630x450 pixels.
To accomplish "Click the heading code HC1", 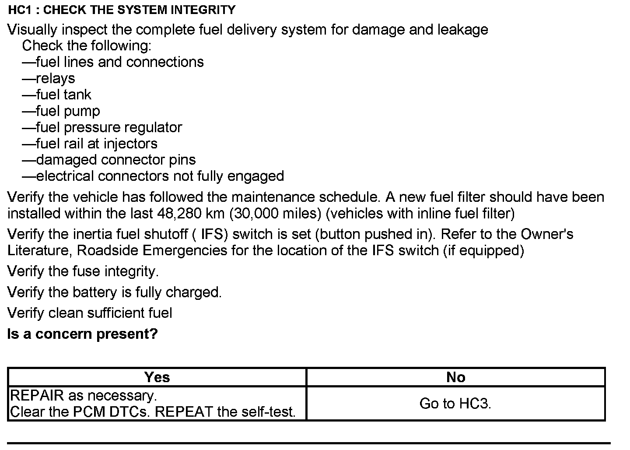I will click(x=20, y=10).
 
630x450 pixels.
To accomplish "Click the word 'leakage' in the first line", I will click(x=462, y=30).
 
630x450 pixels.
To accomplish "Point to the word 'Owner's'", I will click(x=546, y=234).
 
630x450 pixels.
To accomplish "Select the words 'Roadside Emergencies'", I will click(x=152, y=250).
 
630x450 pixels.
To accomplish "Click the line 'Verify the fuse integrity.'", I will click(x=83, y=271).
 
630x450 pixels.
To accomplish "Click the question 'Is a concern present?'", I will click(x=83, y=334).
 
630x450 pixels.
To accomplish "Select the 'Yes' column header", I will click(x=157, y=377).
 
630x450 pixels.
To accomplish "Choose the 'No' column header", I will click(x=455, y=377).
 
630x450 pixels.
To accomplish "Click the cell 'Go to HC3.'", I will click(x=455, y=403).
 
